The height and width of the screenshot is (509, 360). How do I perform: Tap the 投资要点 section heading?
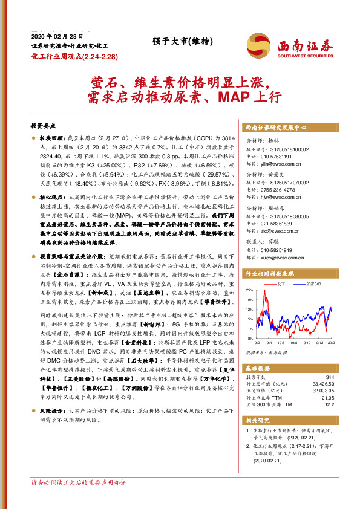pos(43,126)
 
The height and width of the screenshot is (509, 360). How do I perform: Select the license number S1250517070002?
pos(284,181)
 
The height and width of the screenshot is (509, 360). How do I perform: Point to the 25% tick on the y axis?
pos(250,290)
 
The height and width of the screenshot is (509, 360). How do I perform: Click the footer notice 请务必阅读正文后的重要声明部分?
pos(79,482)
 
